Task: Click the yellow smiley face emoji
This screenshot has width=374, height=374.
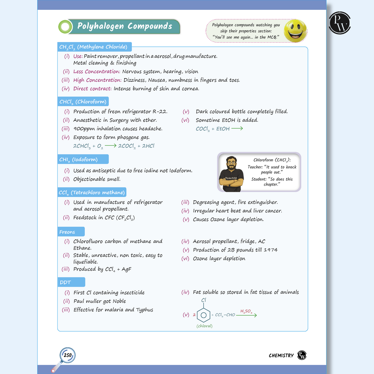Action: coord(295,30)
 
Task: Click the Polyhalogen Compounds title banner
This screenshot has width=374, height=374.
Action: coord(125,26)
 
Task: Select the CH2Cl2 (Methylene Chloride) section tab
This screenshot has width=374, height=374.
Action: coord(93,47)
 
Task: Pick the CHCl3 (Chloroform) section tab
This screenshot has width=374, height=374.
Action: coord(83,102)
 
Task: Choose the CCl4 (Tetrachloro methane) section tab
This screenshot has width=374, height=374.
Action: coord(92,192)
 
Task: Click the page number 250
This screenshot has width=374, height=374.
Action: coord(67,355)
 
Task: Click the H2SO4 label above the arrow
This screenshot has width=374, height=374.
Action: coord(246,311)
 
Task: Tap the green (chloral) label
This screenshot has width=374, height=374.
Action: coord(204,326)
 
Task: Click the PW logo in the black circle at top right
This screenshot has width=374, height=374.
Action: coord(340,23)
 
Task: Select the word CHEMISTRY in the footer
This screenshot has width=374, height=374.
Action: coord(281,355)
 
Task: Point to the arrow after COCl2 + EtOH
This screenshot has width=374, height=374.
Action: coord(237,129)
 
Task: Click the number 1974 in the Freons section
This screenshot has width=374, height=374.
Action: coord(270,250)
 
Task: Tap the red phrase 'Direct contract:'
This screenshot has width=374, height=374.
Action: coord(92,89)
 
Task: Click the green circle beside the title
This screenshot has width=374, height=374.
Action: coord(65,27)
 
